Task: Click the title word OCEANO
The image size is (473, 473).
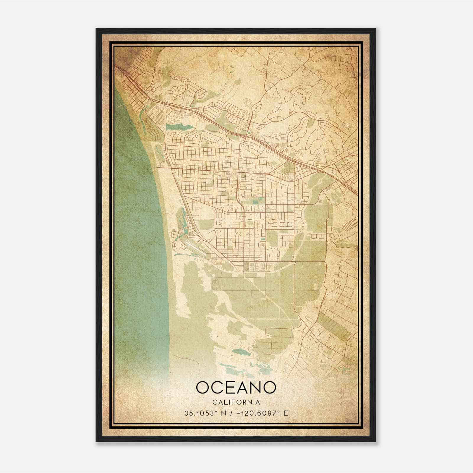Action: pos(236,388)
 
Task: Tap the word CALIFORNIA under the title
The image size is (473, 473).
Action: pos(236,402)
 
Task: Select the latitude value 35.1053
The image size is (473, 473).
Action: pos(199,413)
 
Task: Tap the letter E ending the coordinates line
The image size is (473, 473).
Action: pos(286,413)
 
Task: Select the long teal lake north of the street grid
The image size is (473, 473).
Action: pos(179,127)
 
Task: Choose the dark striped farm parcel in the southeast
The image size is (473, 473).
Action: pos(334,325)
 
